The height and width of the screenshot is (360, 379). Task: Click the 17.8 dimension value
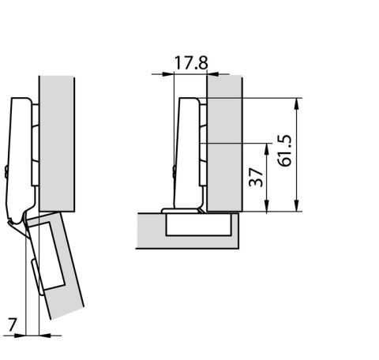(x=191, y=63)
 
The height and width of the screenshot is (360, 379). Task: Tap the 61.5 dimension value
(x=285, y=151)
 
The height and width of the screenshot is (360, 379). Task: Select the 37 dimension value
(x=256, y=178)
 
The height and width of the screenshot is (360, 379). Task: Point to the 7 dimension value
(x=13, y=324)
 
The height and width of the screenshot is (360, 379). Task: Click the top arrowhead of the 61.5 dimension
(x=297, y=103)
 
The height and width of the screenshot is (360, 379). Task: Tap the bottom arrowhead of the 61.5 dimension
(x=297, y=205)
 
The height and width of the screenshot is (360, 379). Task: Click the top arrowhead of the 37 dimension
(x=267, y=149)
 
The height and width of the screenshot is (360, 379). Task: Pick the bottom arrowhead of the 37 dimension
(x=267, y=205)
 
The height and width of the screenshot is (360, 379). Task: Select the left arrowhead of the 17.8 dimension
(x=168, y=74)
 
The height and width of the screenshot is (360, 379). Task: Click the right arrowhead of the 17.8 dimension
(x=213, y=74)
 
